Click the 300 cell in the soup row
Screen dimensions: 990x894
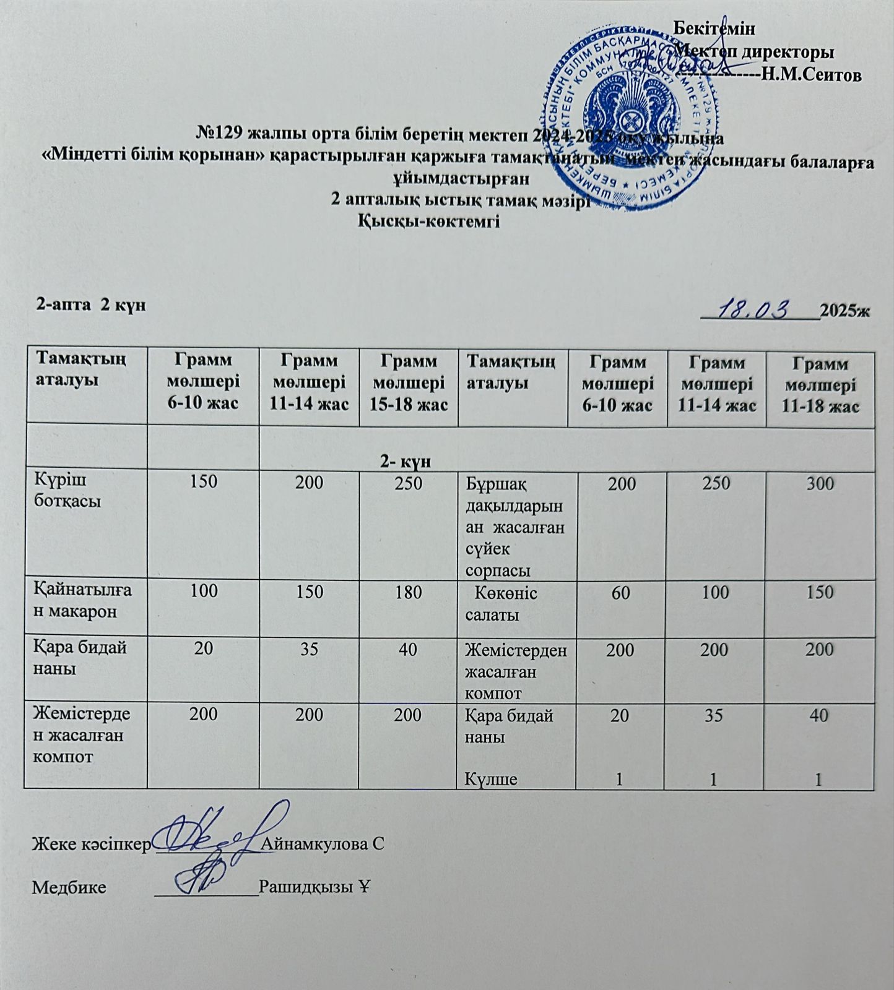click(820, 483)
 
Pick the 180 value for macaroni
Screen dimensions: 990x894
click(408, 592)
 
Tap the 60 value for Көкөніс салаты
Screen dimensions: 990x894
click(621, 592)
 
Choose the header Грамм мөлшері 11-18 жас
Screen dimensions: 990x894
click(820, 385)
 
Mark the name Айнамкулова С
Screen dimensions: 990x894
click(323, 843)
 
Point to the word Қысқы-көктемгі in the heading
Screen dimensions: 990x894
click(429, 222)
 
